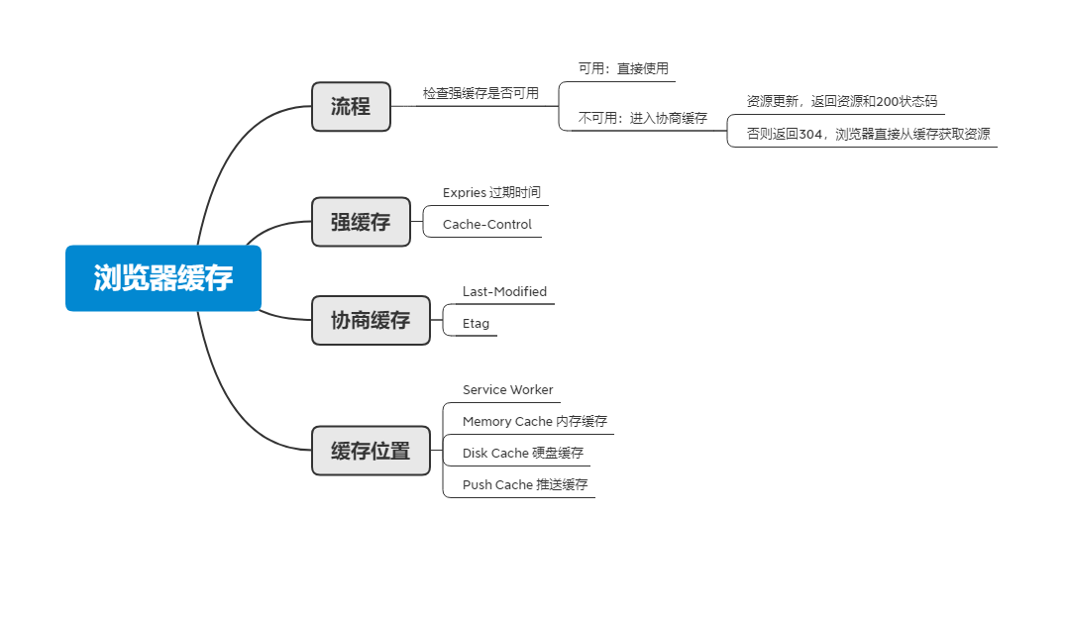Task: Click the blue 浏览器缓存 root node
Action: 163,278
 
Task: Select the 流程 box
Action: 351,107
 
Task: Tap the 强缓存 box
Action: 361,222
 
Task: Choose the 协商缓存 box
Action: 371,320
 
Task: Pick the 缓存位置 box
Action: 371,452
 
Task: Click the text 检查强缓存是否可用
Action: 480,93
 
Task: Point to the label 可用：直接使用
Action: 623,68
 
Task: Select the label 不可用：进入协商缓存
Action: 642,118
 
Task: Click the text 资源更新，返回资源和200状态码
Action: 841,101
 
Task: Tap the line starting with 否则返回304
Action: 868,134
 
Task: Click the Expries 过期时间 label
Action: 491,192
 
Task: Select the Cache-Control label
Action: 486,224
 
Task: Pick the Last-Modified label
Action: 504,291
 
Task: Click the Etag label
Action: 476,323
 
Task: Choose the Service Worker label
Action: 507,389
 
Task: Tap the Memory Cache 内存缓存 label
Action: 534,421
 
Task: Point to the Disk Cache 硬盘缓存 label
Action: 522,453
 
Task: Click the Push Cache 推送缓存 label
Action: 524,484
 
